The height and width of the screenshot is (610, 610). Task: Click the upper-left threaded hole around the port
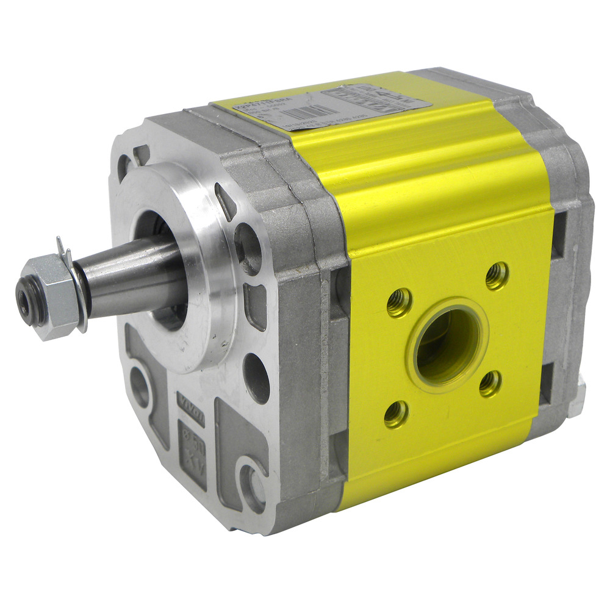pyautogui.click(x=399, y=302)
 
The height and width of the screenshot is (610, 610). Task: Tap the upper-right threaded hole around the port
pyautogui.click(x=497, y=276)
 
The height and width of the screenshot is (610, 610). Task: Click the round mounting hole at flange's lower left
pyautogui.click(x=140, y=387)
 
